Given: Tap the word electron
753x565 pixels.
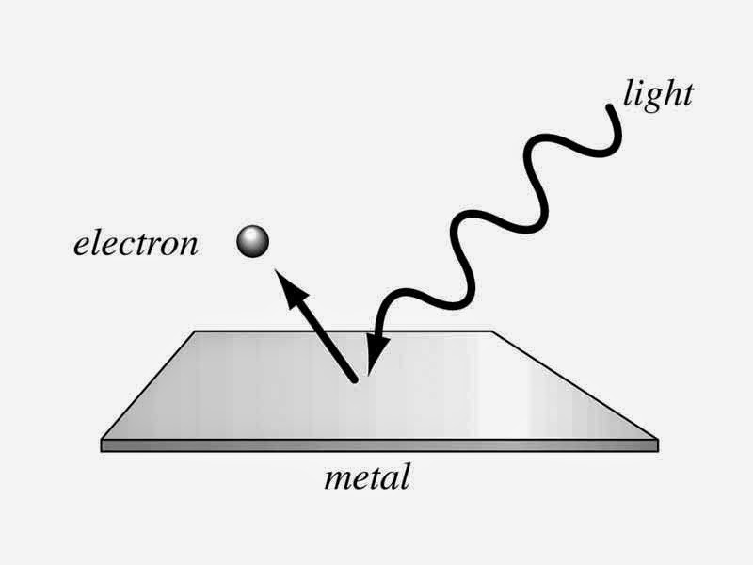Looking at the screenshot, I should [137, 244].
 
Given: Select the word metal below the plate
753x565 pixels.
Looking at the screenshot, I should [367, 477].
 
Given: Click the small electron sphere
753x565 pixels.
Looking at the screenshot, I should [253, 242].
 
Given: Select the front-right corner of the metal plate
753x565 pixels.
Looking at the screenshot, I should [656, 440].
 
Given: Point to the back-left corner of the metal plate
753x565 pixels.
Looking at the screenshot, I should [196, 331].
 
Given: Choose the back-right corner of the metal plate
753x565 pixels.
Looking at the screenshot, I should [492, 331].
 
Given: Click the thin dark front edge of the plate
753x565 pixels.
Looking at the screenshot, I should [376, 445].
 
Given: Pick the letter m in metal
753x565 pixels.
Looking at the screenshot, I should [337, 479].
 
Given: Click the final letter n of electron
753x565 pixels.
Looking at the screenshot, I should [189, 246].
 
